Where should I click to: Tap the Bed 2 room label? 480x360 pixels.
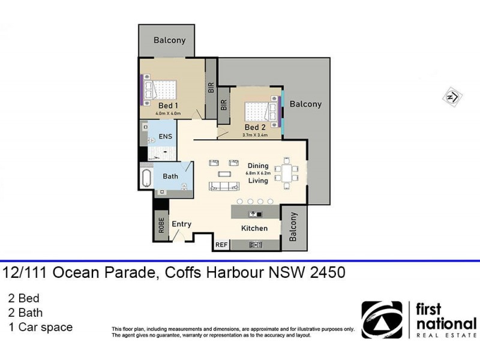point(255,127)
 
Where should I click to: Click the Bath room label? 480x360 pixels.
point(170,176)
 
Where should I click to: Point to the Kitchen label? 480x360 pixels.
point(254,229)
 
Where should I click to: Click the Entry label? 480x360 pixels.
point(182,224)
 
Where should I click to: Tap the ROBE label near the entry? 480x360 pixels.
point(161,225)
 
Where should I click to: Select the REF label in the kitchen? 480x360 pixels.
point(221,245)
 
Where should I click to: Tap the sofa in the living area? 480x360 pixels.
point(223,185)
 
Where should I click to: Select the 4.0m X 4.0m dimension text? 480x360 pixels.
point(168,113)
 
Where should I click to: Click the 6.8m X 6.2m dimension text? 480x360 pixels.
point(259,173)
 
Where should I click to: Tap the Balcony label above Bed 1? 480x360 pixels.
point(170,40)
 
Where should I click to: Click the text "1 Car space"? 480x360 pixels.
point(40,327)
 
